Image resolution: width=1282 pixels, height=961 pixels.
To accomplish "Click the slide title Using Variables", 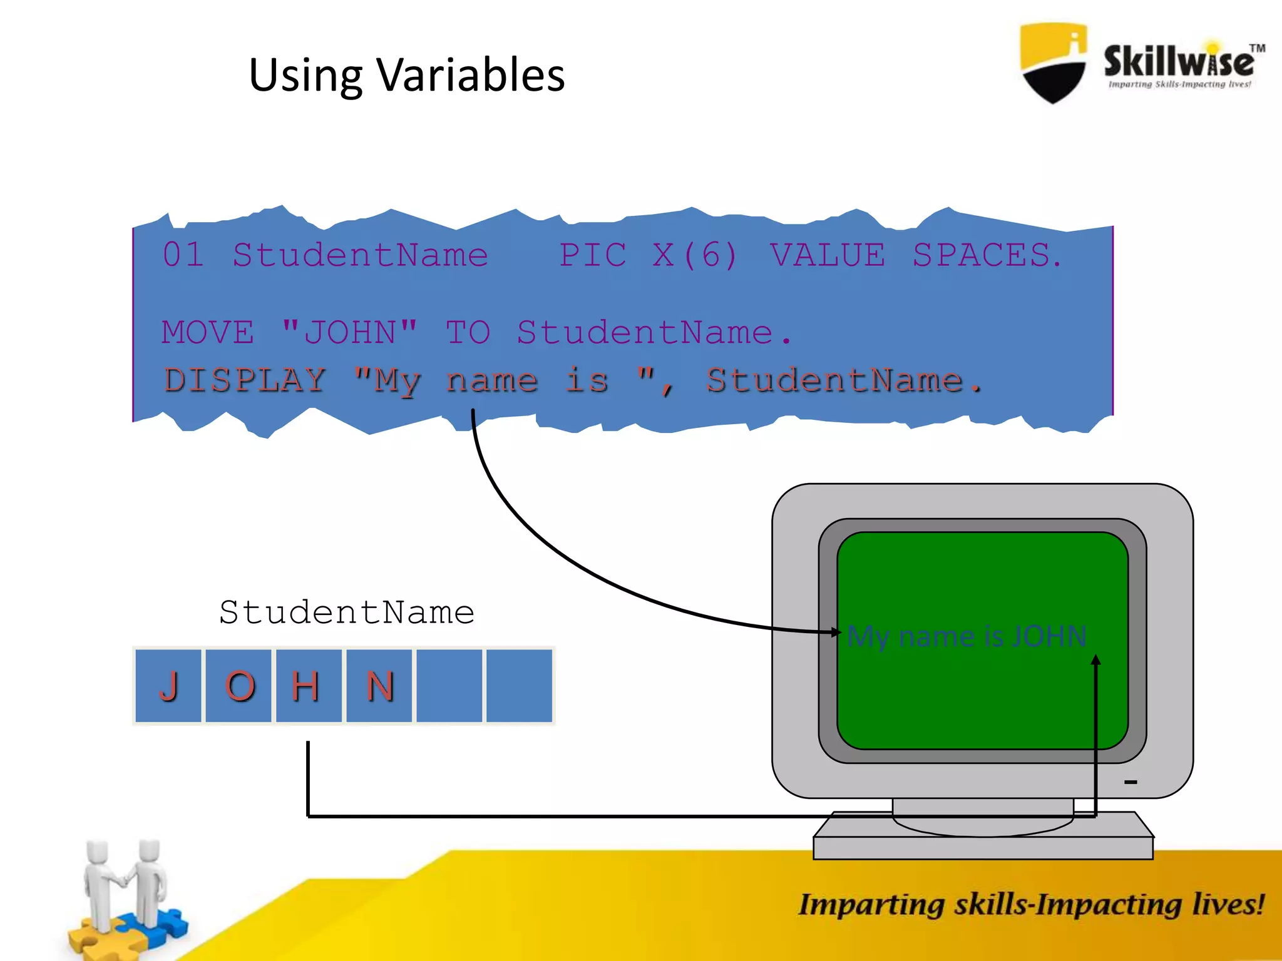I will (407, 75).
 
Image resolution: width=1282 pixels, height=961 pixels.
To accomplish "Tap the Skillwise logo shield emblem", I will (1054, 63).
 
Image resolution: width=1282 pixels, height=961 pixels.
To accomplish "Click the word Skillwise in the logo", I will (1179, 61).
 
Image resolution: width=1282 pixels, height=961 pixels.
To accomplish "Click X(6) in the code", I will (695, 255).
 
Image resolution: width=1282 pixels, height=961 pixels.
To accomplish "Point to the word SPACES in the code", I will (987, 255).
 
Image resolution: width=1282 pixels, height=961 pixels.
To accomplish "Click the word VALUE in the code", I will (828, 255).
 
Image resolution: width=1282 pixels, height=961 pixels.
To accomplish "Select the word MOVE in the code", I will (208, 332).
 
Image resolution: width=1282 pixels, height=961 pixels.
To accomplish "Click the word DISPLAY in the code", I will (245, 380).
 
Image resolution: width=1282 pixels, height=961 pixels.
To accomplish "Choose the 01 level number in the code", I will (183, 255).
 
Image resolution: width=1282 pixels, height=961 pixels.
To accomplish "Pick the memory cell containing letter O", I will (239, 686).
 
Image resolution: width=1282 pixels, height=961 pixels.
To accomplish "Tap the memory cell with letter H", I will (309, 686).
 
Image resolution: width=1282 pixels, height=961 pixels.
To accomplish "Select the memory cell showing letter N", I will (379, 686).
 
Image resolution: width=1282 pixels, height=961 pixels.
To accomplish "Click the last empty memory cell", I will (520, 686).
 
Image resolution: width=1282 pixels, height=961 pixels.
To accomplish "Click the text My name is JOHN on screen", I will (967, 637).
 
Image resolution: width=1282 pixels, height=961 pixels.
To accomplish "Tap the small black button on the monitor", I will (1131, 782).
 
